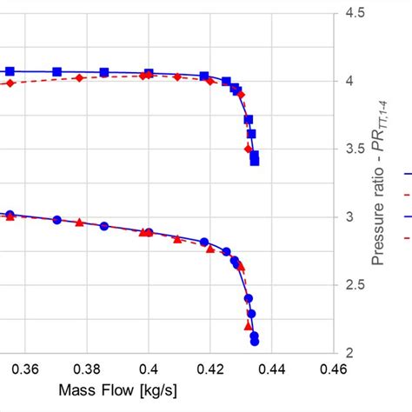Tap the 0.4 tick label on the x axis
(x=150, y=369)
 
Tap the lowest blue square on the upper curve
(x=255, y=161)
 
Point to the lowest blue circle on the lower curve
(x=255, y=342)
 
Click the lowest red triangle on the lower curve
(x=248, y=326)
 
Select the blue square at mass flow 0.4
(x=149, y=74)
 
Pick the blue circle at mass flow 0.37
(x=57, y=220)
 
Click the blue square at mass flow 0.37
(x=57, y=72)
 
